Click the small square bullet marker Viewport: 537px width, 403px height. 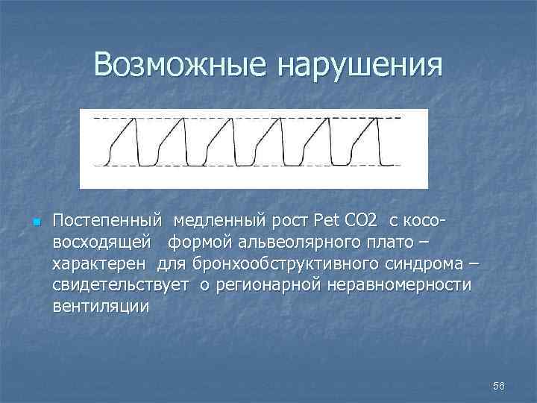35,222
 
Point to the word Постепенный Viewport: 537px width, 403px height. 107,222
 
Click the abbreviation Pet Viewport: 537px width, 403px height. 326,222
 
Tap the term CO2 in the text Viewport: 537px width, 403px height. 361,222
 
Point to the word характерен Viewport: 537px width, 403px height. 101,264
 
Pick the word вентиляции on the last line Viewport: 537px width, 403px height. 101,307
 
